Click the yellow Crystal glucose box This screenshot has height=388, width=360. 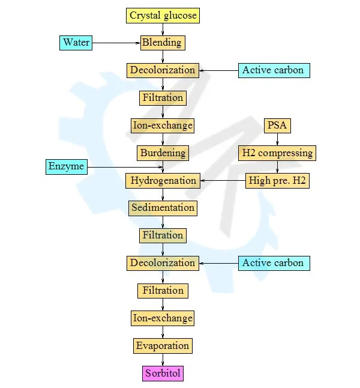(163, 16)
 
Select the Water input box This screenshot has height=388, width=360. (76, 43)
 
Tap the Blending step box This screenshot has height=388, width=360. (163, 43)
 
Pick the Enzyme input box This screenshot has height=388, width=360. (67, 167)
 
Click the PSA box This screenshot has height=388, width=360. (277, 126)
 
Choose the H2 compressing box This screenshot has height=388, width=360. (277, 153)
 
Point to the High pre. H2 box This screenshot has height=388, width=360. (277, 181)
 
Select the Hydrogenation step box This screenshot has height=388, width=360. (163, 181)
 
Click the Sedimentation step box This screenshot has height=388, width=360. (163, 208)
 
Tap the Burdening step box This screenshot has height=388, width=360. (163, 153)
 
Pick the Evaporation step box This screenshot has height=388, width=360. (163, 346)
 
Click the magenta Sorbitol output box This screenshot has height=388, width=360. (163, 374)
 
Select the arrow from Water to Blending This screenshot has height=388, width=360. (116, 43)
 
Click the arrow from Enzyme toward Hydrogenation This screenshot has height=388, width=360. (125, 168)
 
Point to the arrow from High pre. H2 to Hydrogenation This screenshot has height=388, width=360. (223, 181)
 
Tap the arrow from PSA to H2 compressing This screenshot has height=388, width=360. (277, 139)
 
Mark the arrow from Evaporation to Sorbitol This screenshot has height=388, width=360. (163, 360)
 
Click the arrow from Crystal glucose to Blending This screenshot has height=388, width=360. (163, 29)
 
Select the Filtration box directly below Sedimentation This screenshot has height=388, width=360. (163, 236)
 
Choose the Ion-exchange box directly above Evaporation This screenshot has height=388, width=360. (163, 318)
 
